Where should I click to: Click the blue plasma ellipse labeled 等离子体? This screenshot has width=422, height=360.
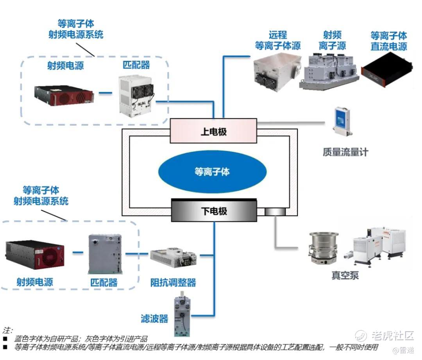click(212, 171)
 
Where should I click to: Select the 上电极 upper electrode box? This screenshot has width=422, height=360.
click(213, 131)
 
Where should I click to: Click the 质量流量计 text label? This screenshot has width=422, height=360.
click(345, 152)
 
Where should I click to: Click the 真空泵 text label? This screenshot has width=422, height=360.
click(345, 276)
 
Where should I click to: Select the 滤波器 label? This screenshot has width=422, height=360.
click(154, 319)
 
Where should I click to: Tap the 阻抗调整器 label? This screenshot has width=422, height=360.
click(173, 283)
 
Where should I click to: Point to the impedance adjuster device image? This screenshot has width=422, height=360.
click(174, 256)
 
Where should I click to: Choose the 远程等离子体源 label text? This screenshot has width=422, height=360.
click(278, 41)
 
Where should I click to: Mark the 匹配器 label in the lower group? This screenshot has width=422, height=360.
click(104, 282)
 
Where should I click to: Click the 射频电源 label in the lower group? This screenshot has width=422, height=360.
click(35, 282)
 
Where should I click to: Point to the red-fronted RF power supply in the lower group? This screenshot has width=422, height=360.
click(35, 256)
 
